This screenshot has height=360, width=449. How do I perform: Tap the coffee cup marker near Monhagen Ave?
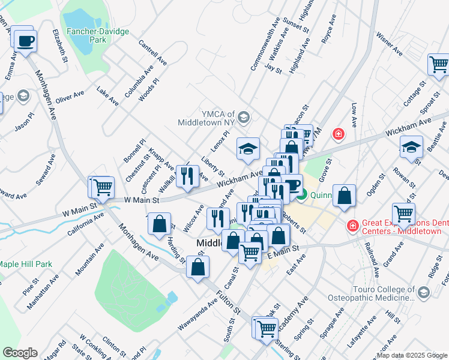[25, 42]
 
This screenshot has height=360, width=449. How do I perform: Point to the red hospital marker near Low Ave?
[339, 133]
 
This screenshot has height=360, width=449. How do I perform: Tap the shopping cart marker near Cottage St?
[439, 64]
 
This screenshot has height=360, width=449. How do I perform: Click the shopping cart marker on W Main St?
[103, 187]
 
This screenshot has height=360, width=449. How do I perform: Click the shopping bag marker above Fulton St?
[198, 266]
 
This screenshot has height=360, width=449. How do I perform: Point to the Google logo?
[20, 353]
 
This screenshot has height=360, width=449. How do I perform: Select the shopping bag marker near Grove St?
[344, 196]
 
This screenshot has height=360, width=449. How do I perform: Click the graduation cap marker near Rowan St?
[411, 146]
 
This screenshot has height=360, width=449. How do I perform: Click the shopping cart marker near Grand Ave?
[403, 213]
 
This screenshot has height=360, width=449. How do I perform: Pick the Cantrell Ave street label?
[152, 52]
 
